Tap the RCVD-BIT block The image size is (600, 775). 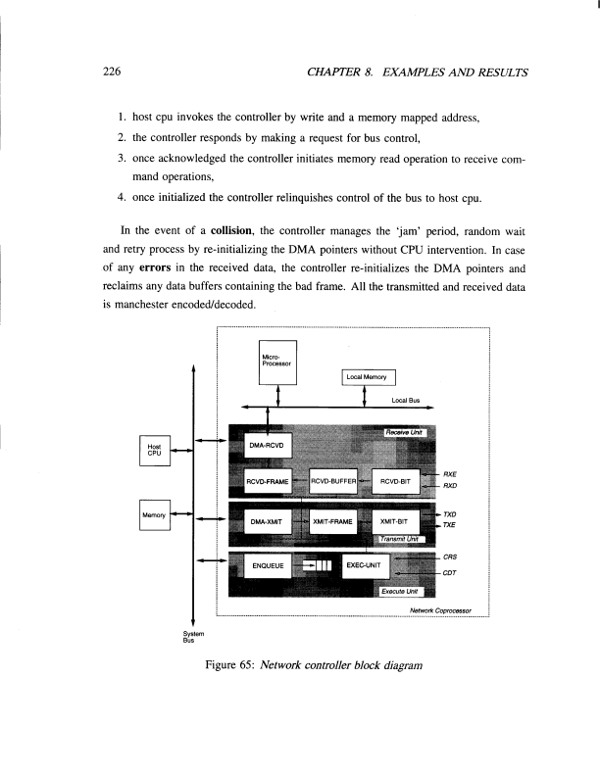(394, 481)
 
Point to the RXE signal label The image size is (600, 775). (451, 473)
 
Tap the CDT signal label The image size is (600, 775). (451, 573)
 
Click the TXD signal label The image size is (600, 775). (451, 514)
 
